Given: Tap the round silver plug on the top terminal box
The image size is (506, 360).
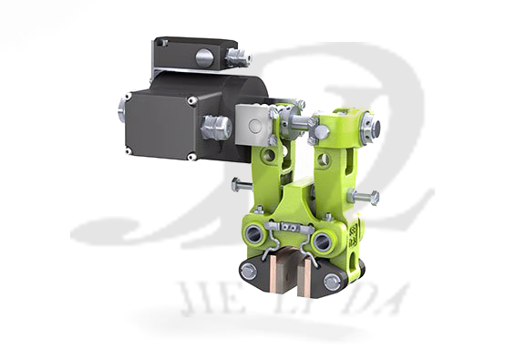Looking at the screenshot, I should click(x=205, y=57).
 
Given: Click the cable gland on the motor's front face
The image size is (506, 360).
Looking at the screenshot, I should click(x=216, y=127).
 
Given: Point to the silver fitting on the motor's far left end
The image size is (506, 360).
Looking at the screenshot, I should click(x=123, y=110).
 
